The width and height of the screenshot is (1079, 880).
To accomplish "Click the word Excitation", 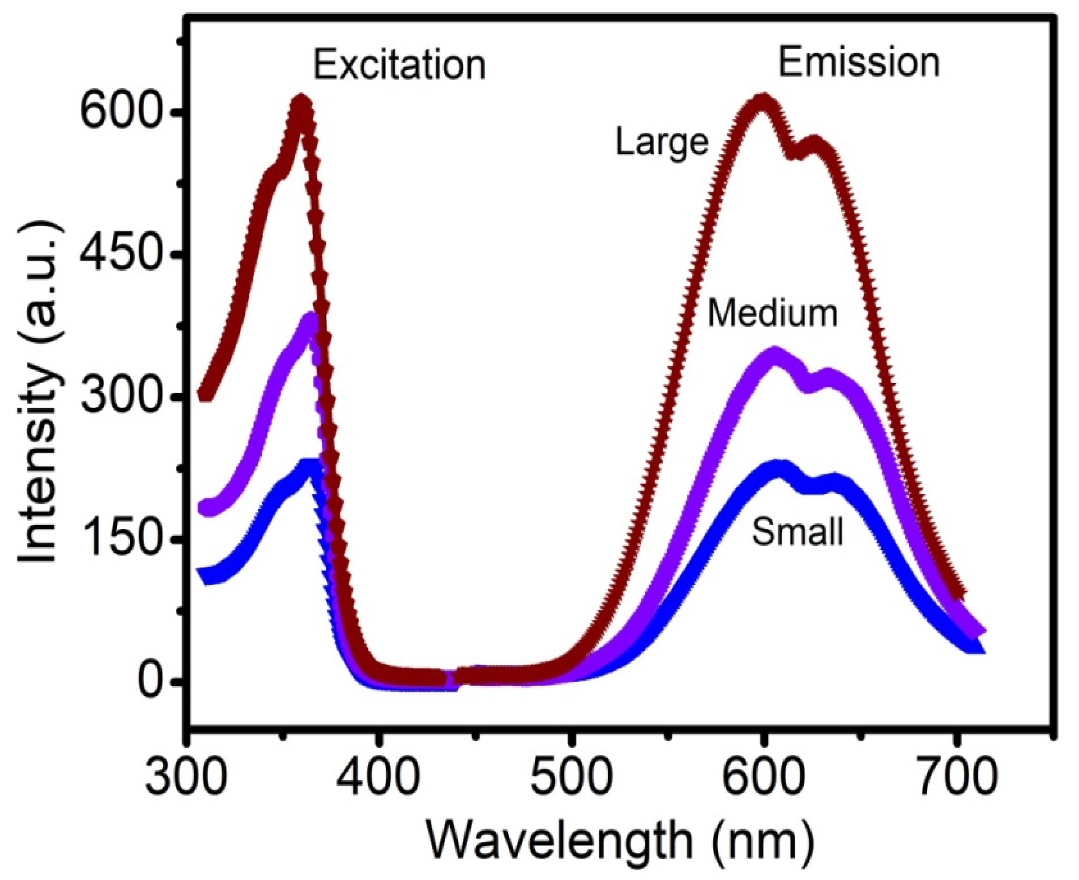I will tap(399, 66).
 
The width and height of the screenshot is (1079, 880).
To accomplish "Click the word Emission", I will tap(859, 63).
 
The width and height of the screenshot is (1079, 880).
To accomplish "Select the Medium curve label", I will tap(772, 313).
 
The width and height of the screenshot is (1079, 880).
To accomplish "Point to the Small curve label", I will tap(798, 532).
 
